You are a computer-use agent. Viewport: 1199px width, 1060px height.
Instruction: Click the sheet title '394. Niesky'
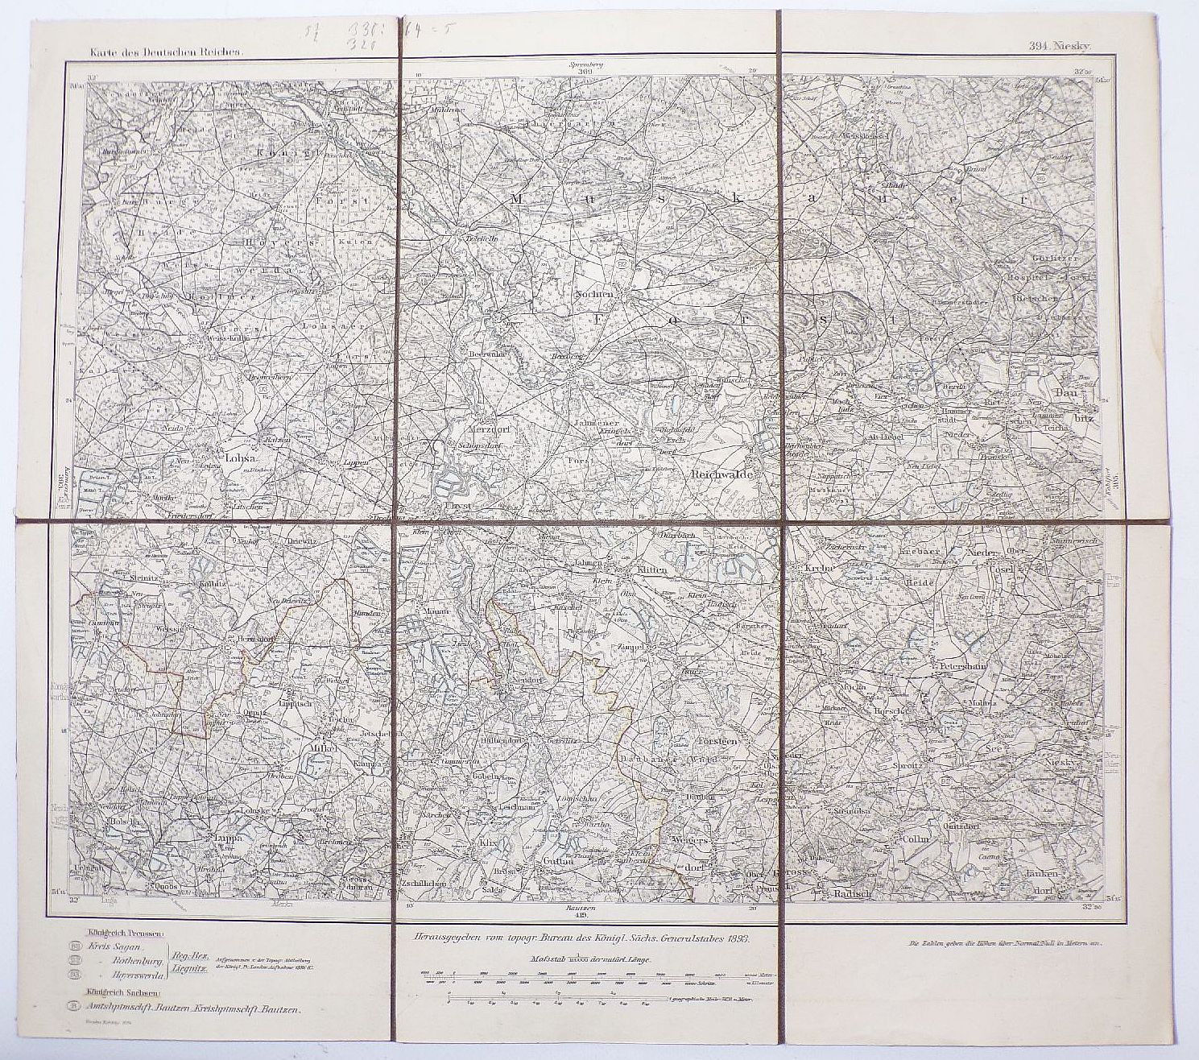[x=1059, y=48]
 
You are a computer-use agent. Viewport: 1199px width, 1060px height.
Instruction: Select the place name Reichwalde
[x=721, y=475]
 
